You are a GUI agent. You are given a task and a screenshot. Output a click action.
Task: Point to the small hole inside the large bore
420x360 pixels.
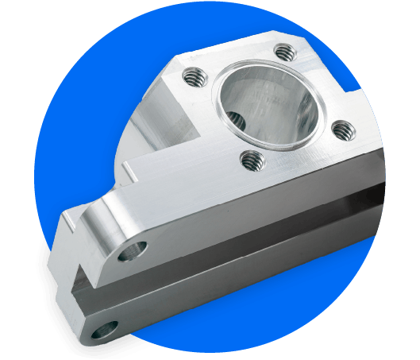click(x=234, y=121)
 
